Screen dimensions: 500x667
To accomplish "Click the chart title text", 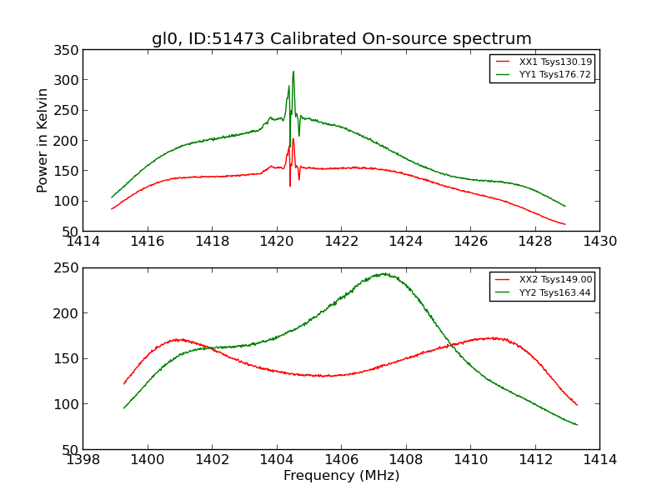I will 341,38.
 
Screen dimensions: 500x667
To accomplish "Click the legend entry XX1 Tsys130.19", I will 554,62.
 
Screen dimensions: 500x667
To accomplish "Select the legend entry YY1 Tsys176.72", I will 554,74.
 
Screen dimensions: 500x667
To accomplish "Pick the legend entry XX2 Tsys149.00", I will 554,280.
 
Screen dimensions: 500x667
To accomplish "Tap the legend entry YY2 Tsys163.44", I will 554,292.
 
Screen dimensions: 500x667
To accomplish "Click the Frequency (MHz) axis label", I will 341,476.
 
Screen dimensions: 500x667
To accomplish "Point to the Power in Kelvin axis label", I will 43,141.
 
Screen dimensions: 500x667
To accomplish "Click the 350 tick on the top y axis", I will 68,50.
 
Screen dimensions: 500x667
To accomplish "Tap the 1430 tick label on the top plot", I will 599,242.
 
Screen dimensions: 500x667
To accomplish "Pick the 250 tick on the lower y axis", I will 68,267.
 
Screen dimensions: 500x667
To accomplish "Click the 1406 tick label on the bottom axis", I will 341,459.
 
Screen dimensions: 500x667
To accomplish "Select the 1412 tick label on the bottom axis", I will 535,459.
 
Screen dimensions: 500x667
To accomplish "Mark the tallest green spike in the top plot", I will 293,72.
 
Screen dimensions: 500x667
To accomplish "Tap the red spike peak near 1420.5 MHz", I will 293,138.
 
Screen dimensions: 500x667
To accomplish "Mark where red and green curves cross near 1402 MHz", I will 210,347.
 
